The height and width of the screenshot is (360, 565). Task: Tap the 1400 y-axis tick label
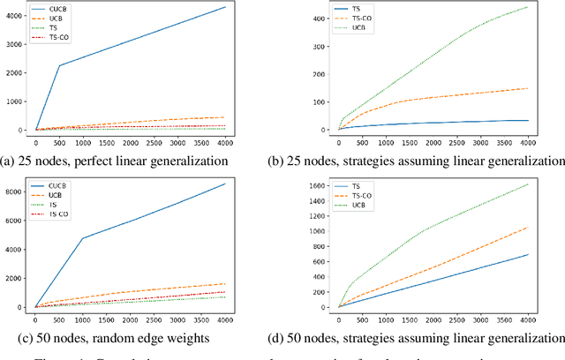point(316,201)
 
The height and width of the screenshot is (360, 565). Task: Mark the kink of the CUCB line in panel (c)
point(84,238)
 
